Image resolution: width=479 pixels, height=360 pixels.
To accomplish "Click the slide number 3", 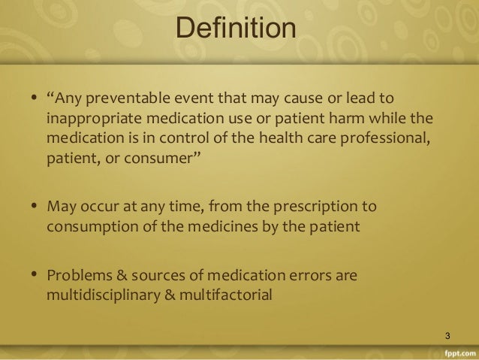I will (x=447, y=334).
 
